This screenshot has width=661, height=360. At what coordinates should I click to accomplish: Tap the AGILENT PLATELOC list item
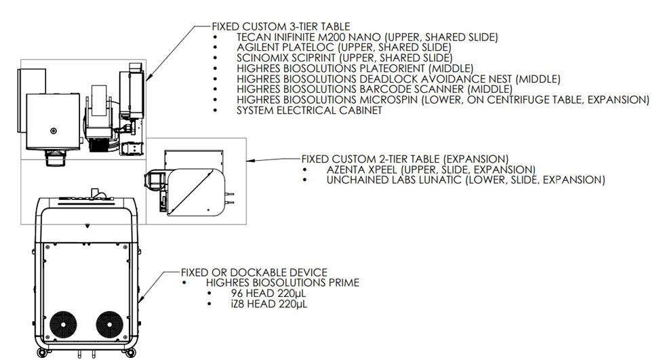pos(344,47)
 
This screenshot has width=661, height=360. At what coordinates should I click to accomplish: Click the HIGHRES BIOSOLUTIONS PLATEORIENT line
pos(355,68)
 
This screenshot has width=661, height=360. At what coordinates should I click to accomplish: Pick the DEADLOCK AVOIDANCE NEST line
pos(399,79)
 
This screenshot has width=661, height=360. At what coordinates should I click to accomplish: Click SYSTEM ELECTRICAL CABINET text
pos(309,110)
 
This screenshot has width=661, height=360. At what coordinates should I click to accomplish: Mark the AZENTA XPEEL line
pos(430,169)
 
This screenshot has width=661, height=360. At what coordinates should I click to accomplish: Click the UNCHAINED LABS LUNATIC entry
pos(465,180)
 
